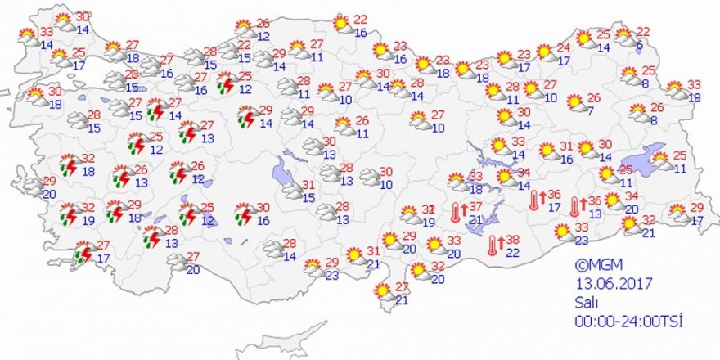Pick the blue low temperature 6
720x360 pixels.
(x=639, y=47)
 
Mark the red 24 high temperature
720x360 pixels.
(x=563, y=47)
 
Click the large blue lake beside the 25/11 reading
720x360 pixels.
(x=643, y=158)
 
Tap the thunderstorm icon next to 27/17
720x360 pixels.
(x=84, y=253)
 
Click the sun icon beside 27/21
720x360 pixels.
(x=382, y=291)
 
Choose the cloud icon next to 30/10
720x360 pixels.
(x=370, y=177)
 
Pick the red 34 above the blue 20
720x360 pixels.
(x=631, y=196)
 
